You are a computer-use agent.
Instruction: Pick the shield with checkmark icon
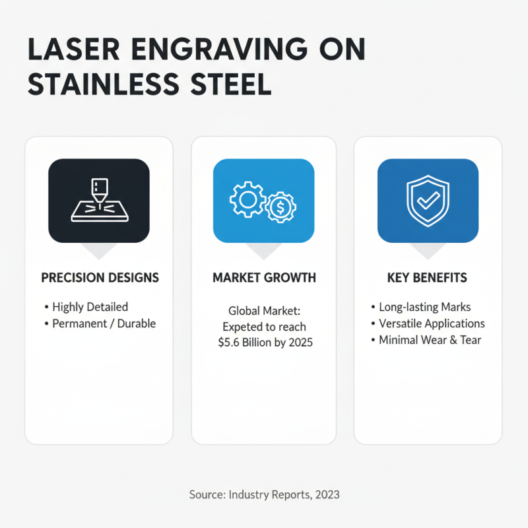pos(428,201)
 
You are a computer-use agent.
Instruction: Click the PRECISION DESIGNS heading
pos(100,278)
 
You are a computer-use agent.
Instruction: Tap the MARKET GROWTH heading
pos(264,278)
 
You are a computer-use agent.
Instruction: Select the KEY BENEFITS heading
pos(427,278)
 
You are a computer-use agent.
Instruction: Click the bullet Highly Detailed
pos(90,307)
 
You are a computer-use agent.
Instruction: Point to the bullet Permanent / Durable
pos(104,324)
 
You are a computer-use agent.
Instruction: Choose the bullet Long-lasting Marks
pos(425,307)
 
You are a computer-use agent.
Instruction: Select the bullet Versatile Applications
pos(432,323)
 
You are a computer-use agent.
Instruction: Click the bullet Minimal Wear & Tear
pos(430,340)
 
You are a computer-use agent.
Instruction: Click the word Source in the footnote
pos(206,494)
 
